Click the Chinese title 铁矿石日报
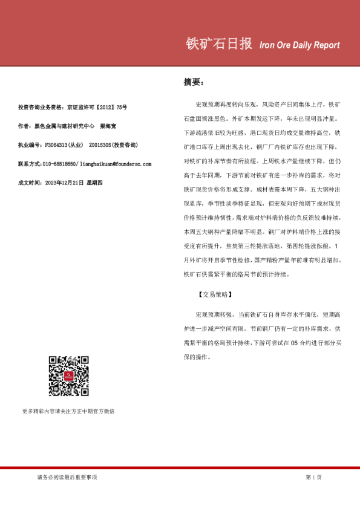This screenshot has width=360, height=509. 218,45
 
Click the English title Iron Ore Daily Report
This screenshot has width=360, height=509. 299,45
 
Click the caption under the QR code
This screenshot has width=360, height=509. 68,411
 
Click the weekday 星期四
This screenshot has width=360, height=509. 96,182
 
